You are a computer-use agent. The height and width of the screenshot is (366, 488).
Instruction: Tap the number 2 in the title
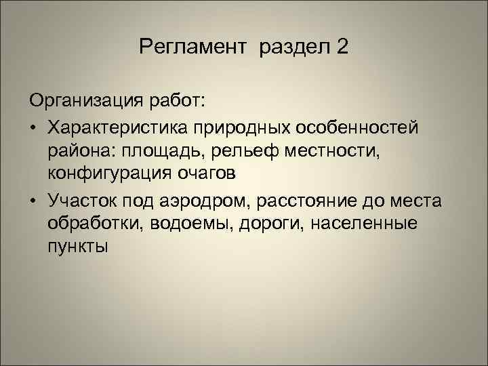pos(343,48)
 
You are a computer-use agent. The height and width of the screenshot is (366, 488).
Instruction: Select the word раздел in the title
pos(293,48)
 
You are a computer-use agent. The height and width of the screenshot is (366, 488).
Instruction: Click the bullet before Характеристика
pos(34,127)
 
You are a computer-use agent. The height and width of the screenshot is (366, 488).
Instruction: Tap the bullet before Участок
pos(34,200)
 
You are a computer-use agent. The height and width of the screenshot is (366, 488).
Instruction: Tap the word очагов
pos(209,174)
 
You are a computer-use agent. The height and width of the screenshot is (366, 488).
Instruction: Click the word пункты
pos(78,247)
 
